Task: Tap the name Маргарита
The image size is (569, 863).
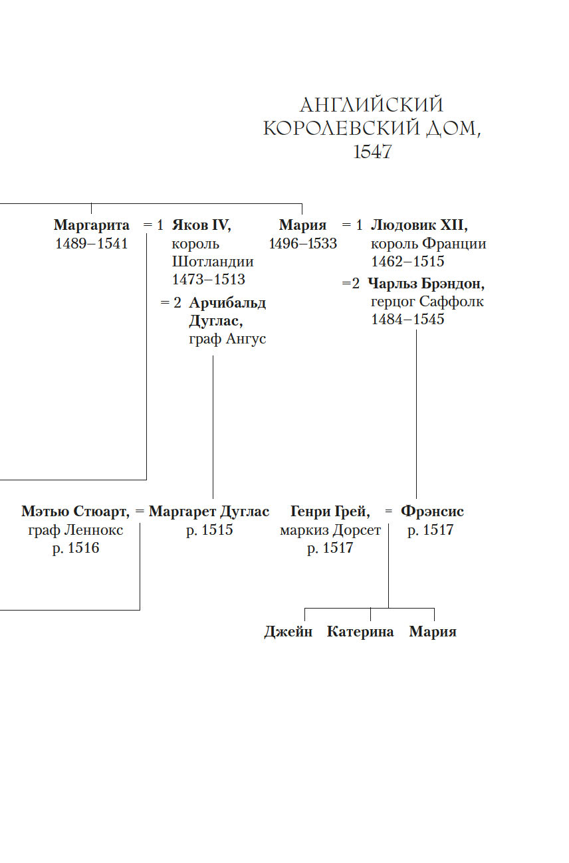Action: coord(92,225)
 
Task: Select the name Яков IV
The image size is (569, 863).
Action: coord(201,225)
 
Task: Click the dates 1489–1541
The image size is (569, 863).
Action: coord(92,243)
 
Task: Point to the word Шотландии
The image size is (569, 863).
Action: coord(213,261)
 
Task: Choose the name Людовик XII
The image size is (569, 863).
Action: coord(419,225)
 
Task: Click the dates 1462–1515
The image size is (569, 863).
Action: coord(407,261)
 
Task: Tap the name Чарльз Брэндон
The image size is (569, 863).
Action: coord(426,284)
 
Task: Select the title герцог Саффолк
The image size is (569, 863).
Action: coord(427,302)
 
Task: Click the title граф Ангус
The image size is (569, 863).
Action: coord(227,339)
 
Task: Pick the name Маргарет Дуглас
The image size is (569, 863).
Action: coord(209,512)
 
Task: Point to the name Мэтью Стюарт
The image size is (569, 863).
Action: coord(75,512)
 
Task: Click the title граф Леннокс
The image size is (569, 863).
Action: coord(76,530)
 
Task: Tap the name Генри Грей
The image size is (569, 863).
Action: coord(330,512)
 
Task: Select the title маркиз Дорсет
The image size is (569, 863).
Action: coord(330,530)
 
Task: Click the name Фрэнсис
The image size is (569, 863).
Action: coord(432,512)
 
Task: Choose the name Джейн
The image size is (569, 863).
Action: coord(288,632)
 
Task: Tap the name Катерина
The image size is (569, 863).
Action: coord(360,632)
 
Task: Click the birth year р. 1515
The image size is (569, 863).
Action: coord(209,530)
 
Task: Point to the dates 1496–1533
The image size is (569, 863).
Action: coord(303,243)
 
